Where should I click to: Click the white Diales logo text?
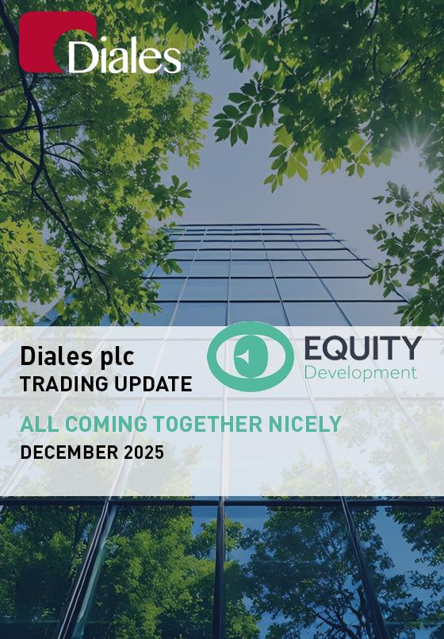click(x=124, y=56)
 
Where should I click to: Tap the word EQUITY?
click(x=362, y=348)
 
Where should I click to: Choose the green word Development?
click(x=361, y=373)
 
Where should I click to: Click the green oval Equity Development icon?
click(x=251, y=356)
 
